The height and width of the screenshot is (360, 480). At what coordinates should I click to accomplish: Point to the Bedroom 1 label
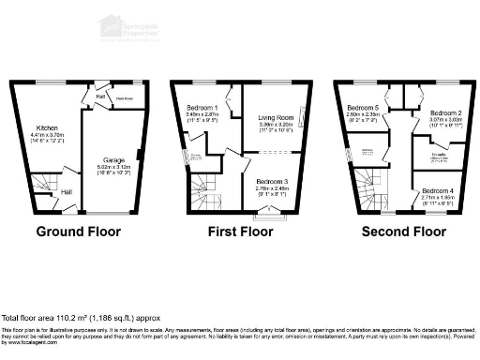[202, 108]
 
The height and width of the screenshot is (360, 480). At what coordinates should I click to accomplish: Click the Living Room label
[270, 117]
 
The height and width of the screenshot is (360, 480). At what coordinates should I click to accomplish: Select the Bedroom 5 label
[361, 108]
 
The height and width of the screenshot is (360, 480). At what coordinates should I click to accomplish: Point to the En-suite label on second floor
[436, 155]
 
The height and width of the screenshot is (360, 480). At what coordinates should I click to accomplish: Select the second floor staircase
[369, 192]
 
